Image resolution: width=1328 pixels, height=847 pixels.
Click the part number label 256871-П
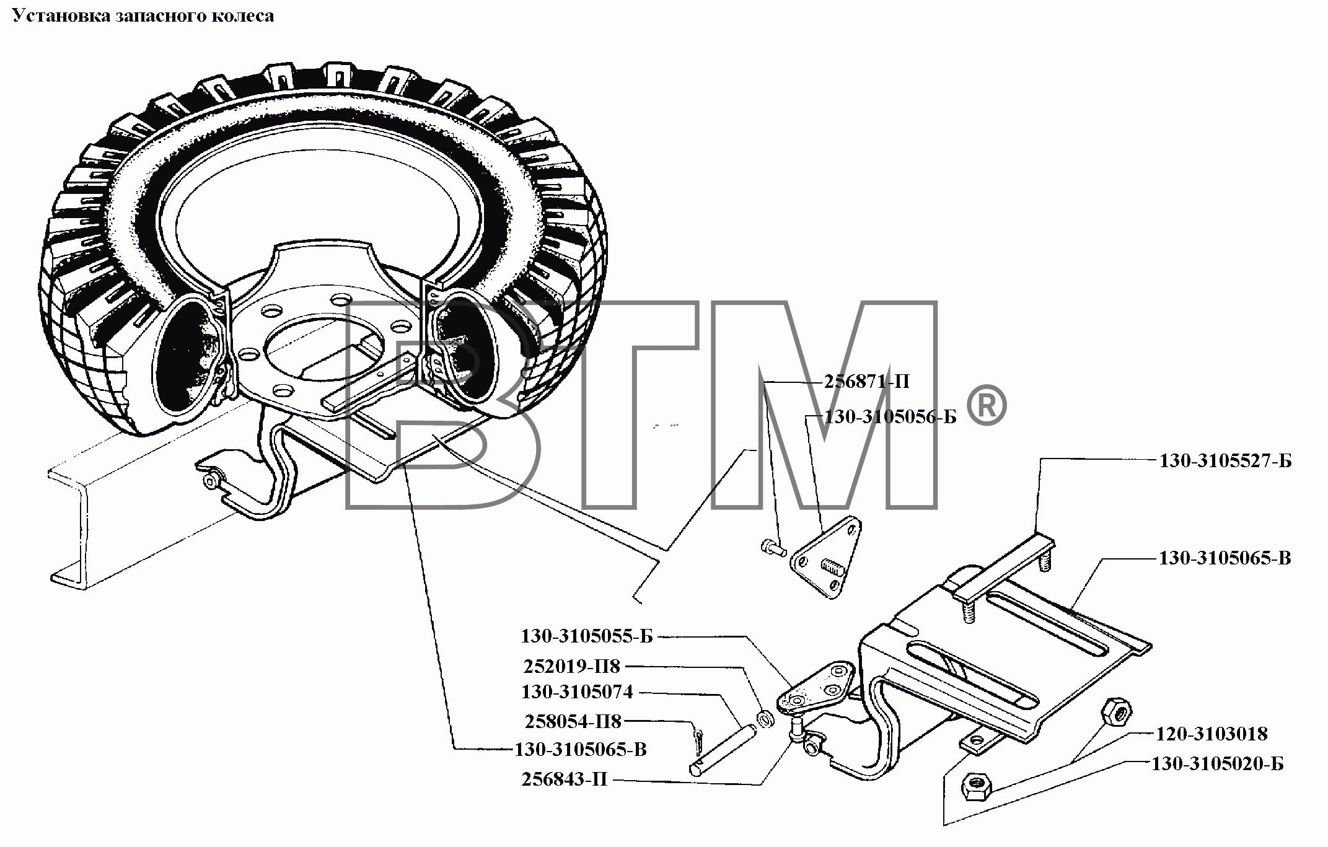tap(866, 382)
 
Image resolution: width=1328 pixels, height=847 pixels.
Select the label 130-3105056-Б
tap(890, 417)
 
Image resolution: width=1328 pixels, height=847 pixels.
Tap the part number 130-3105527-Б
tap(1225, 461)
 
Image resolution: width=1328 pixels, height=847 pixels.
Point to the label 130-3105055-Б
tap(587, 636)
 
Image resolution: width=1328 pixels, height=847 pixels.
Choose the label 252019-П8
tap(572, 667)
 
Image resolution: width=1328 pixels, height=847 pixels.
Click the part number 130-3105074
tap(577, 691)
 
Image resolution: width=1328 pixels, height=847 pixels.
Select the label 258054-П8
tap(573, 722)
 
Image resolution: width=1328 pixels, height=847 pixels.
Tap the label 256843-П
tap(565, 779)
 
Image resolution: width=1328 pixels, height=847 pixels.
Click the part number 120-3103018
tap(1211, 734)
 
